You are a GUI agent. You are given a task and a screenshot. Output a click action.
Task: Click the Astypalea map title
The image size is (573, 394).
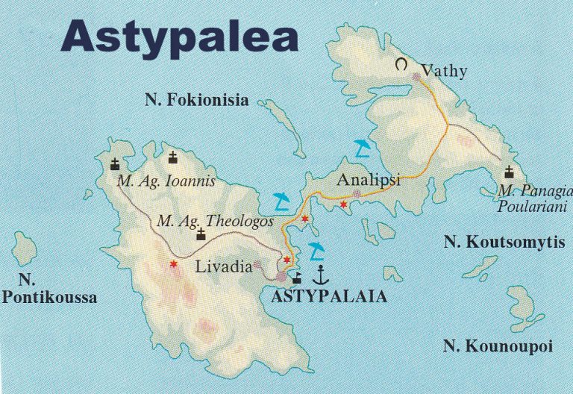pyautogui.click(x=179, y=35)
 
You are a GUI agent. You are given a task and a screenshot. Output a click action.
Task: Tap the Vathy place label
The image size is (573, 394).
pyautogui.click(x=444, y=72)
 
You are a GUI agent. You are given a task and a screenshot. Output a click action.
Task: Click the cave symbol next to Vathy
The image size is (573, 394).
pyautogui.click(x=403, y=65)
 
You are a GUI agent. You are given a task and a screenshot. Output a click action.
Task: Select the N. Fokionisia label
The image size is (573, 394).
pyautogui.click(x=196, y=101)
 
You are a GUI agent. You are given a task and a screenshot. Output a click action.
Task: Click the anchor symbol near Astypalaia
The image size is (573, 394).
pyautogui.click(x=320, y=275)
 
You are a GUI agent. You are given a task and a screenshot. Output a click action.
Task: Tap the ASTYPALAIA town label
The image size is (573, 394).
pyautogui.click(x=330, y=296)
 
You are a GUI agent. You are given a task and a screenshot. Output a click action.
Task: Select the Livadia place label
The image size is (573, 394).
pyautogui.click(x=224, y=266)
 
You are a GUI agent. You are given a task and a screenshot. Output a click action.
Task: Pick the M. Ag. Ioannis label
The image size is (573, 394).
pyautogui.click(x=166, y=181)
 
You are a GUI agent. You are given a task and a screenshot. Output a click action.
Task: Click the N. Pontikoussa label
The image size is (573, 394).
pyautogui.click(x=49, y=290)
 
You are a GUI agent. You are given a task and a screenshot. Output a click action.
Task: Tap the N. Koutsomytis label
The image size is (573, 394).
pyautogui.click(x=504, y=242)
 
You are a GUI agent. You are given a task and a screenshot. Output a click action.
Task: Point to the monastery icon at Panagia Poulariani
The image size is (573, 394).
pyautogui.click(x=509, y=172)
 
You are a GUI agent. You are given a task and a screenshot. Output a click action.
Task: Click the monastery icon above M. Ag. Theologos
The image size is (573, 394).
pyautogui.click(x=200, y=235)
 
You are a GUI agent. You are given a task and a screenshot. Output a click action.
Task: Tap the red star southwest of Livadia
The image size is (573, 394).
pyautogui.click(x=173, y=263)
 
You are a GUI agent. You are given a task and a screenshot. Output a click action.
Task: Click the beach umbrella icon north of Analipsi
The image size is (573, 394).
pyautogui.click(x=362, y=148)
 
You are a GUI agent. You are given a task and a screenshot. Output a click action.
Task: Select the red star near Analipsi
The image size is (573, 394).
pyautogui.click(x=343, y=204)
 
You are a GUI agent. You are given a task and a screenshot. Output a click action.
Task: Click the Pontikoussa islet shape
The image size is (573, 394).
pyautogui.click(x=24, y=248)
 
